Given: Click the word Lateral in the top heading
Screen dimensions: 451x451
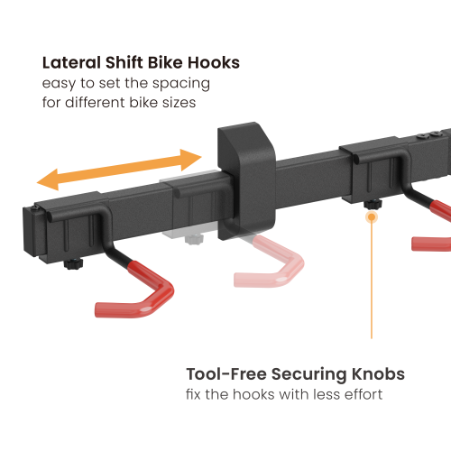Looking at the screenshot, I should click(x=69, y=63).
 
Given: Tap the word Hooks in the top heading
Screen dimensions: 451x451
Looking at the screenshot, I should click(x=213, y=63).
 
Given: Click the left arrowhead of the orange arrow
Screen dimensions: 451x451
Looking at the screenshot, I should click(x=45, y=178).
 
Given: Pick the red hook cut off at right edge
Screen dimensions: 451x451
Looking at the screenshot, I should click(x=433, y=242).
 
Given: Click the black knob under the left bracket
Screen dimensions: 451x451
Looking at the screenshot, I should click(x=72, y=266).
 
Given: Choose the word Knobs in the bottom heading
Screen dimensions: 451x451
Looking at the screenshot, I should click(x=380, y=374).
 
